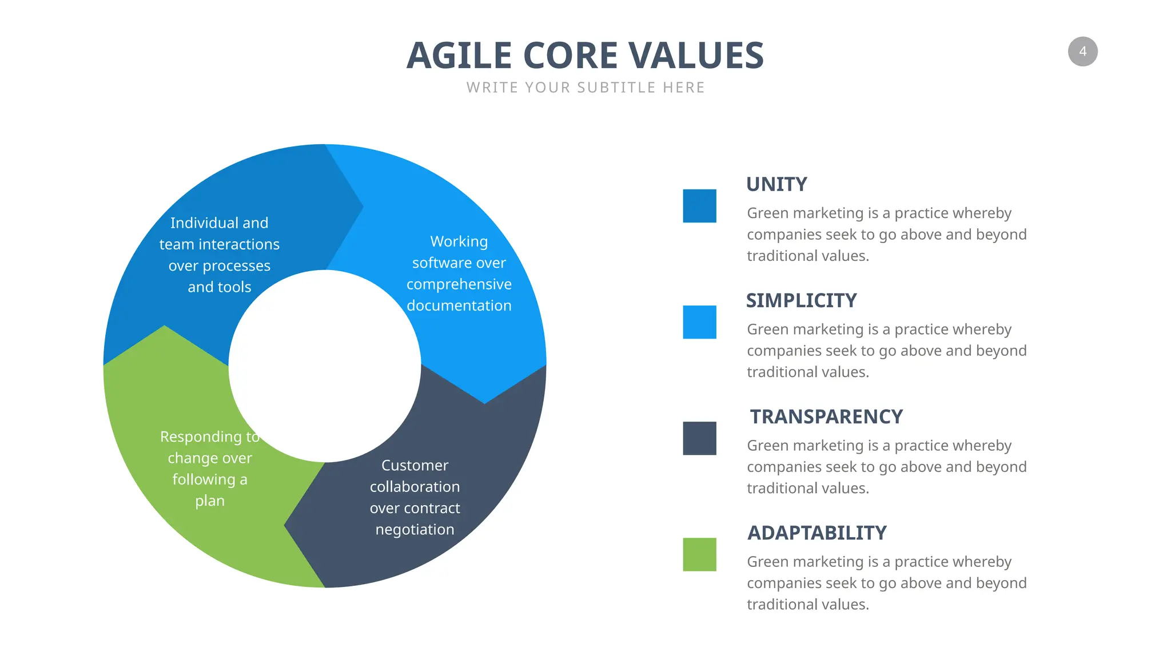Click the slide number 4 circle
point(1082,51)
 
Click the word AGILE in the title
point(459,56)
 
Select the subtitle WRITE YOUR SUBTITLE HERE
point(585,88)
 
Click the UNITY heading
point(776,184)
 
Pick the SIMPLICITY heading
point(801,300)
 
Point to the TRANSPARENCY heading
point(826,416)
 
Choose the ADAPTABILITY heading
point(817,533)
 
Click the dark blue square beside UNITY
point(699,206)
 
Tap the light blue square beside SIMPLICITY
point(699,322)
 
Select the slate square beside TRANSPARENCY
point(699,438)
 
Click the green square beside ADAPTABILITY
point(699,554)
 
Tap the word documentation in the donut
point(459,305)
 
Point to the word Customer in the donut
point(415,465)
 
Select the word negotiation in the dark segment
point(415,530)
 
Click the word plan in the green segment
point(210,501)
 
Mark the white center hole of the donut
point(325,366)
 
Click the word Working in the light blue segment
point(459,241)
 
